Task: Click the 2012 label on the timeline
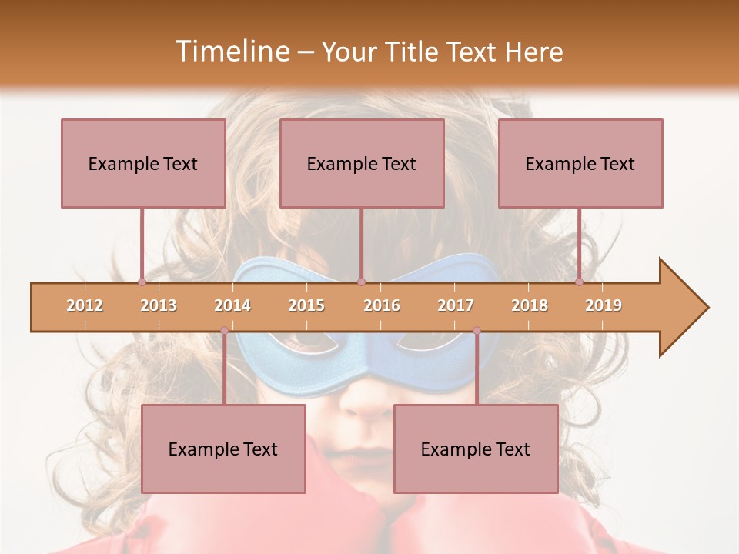85,305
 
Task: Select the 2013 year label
159,305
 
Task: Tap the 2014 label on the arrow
232,305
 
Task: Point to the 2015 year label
306,305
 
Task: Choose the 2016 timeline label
382,305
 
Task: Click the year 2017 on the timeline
456,305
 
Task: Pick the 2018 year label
530,305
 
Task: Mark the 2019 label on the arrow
604,305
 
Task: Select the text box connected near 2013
143,163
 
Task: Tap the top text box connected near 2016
362,163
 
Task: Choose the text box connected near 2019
580,163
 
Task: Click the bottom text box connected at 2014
223,449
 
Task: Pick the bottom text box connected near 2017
476,449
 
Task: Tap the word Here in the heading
533,52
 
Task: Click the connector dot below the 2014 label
224,331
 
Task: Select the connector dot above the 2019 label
580,282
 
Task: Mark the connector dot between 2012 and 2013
142,282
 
